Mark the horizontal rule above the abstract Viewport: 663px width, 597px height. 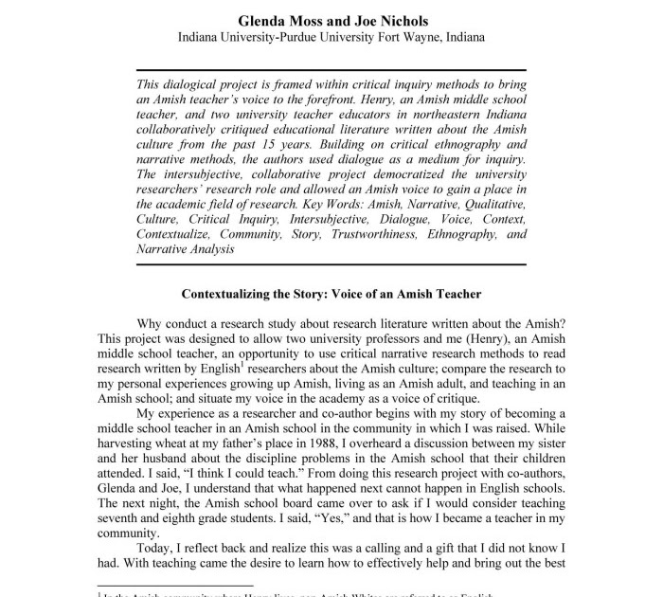point(331,70)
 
